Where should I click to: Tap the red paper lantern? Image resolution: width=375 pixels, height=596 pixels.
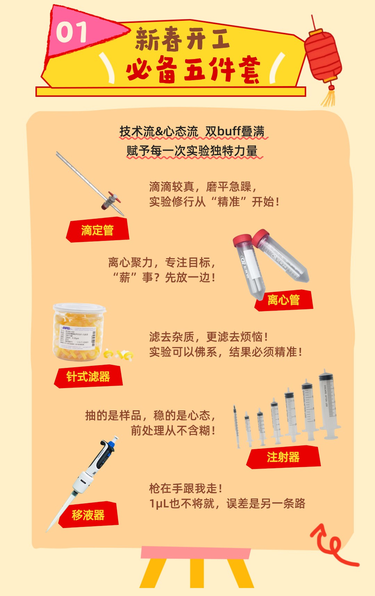pyautogui.click(x=323, y=56)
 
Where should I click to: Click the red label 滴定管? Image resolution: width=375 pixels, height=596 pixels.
pyautogui.click(x=98, y=230)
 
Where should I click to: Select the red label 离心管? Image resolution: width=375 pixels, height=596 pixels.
pyautogui.click(x=284, y=300)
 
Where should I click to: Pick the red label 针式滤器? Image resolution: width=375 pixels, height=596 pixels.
pyautogui.click(x=89, y=377)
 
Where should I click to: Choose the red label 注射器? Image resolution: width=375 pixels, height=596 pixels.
pyautogui.click(x=283, y=457)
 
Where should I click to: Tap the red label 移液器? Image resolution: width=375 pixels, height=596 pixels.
pyautogui.click(x=88, y=515)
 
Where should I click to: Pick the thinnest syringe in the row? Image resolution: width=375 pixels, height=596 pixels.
pyautogui.click(x=236, y=427)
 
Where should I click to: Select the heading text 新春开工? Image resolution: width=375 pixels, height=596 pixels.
pyautogui.click(x=182, y=39)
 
